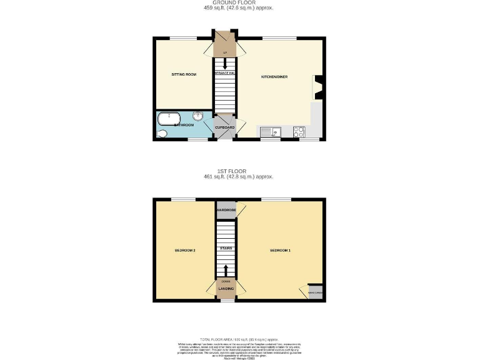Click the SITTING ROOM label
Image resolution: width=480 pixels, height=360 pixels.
(x=184, y=74)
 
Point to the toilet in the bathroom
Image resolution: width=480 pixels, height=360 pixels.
(x=162, y=133)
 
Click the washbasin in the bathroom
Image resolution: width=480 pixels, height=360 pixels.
(x=198, y=116)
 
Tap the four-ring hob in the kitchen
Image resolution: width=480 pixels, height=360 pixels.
(x=299, y=131)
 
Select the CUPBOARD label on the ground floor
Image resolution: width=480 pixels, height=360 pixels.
(x=225, y=127)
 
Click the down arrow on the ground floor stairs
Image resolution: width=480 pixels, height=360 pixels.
(x=225, y=64)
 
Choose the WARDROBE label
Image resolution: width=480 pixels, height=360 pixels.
(x=226, y=211)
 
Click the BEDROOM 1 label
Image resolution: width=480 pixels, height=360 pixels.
(x=280, y=251)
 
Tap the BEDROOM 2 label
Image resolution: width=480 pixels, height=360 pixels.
(x=185, y=251)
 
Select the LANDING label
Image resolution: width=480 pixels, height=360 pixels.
(x=225, y=289)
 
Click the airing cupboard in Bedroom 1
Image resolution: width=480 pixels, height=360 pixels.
(x=315, y=291)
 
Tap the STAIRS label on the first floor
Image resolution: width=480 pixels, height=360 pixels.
(x=226, y=249)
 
